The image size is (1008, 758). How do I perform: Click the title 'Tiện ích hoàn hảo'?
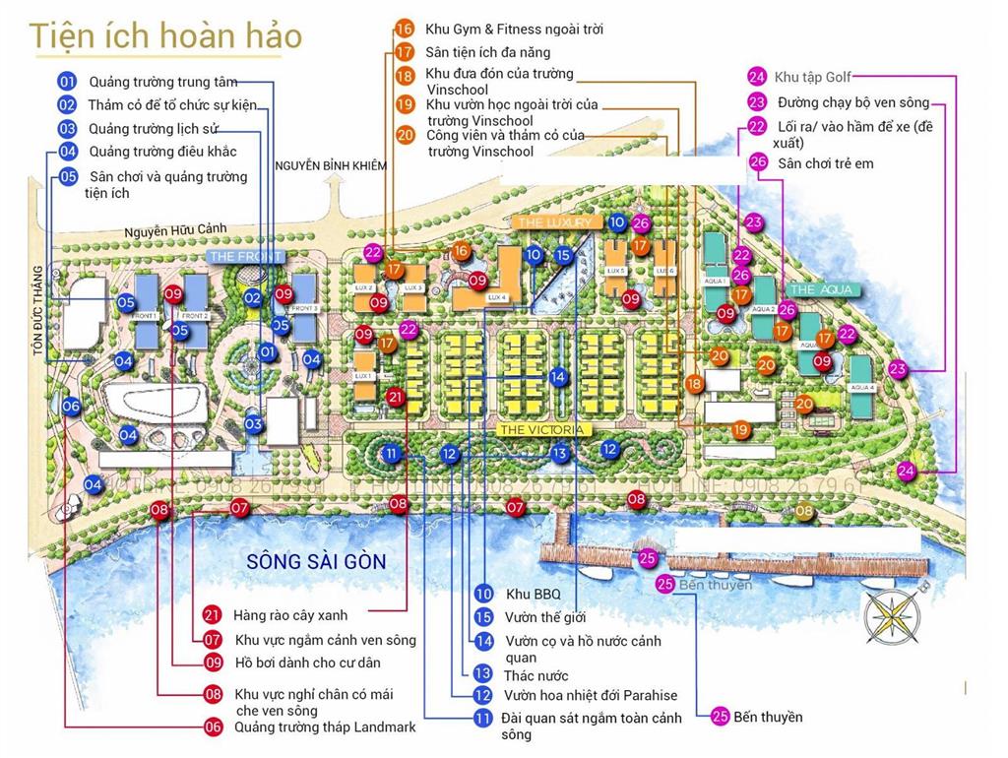tap(165, 35)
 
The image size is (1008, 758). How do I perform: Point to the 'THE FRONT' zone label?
tap(245, 257)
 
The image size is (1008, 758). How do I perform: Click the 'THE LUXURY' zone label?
tap(555, 223)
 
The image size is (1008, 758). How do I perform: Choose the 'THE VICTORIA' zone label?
tap(543, 430)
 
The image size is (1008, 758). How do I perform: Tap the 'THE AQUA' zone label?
tap(821, 289)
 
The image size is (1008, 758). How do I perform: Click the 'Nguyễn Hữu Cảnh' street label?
tap(175, 230)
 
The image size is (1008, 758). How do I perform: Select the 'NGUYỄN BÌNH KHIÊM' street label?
tap(331, 165)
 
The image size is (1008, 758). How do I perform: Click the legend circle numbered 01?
tap(67, 81)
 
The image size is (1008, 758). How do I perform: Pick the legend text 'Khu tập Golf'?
tap(813, 77)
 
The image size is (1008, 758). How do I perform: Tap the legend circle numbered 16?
tap(405, 29)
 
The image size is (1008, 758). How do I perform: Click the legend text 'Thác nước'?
tap(536, 675)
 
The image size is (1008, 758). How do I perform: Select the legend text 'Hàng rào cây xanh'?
tap(290, 615)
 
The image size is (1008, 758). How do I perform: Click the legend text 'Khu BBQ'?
tap(533, 594)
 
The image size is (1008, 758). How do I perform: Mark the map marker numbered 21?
tap(396, 398)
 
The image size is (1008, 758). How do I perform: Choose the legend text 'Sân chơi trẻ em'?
tap(825, 163)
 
